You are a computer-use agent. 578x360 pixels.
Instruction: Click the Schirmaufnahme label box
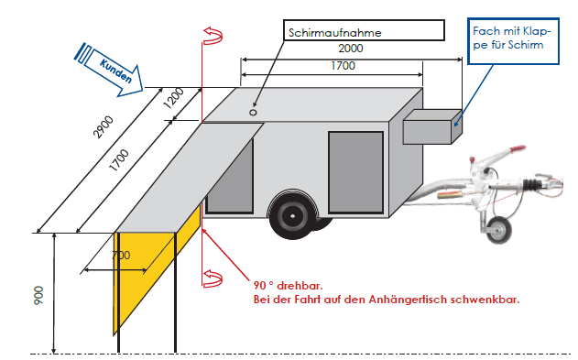[x=364, y=30]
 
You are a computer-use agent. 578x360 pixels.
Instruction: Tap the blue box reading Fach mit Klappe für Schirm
[x=513, y=41]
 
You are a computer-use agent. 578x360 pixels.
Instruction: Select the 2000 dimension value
[x=351, y=49]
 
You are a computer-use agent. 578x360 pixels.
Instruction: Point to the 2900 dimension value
[x=104, y=127]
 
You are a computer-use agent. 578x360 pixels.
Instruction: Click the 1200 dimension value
[x=173, y=98]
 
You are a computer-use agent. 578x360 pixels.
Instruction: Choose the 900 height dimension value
[x=38, y=295]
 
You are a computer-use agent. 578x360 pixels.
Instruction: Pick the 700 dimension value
[x=121, y=255]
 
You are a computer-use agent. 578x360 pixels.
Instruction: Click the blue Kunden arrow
[x=109, y=70]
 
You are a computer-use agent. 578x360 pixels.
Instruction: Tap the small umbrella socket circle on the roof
[x=253, y=113]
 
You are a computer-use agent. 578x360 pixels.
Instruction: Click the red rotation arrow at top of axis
[x=213, y=36]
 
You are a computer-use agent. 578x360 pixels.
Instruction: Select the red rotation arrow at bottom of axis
[x=213, y=278]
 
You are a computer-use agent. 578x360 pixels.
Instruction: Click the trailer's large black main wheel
[x=293, y=215]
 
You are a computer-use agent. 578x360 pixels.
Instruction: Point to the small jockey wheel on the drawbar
[x=499, y=230]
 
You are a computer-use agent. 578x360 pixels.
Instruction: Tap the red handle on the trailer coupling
[x=517, y=148]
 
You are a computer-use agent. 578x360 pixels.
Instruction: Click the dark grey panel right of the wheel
[x=355, y=172]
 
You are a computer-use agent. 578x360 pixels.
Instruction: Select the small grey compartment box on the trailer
[x=432, y=126]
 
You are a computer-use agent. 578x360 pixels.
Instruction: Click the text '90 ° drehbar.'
[x=288, y=286]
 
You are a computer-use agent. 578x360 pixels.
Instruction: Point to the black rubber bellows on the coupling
[x=532, y=183]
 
